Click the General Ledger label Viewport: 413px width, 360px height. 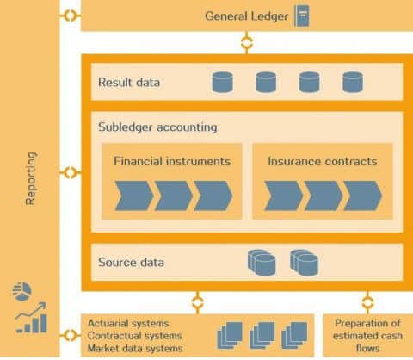pos(246,16)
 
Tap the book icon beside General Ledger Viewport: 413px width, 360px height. pos(302,16)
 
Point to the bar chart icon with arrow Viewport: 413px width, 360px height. pos(31,320)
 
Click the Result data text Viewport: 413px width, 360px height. pos(129,83)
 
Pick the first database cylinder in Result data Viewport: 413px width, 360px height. pos(222,83)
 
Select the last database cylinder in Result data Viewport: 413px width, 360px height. pos(353,83)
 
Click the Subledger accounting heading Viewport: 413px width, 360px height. pos(157,127)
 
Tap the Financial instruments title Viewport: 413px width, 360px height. pos(172,160)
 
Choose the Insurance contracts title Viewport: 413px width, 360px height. pos(322,160)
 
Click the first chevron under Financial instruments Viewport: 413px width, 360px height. pos(133,196)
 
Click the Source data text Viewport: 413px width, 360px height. pos(130,262)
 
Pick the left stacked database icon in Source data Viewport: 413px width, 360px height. pos(262,262)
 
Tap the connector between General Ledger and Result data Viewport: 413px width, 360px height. pos(247,40)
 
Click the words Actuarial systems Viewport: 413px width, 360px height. pos(127,323)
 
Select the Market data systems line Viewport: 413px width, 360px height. pos(135,348)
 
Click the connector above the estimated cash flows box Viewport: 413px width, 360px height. pos(367,301)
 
